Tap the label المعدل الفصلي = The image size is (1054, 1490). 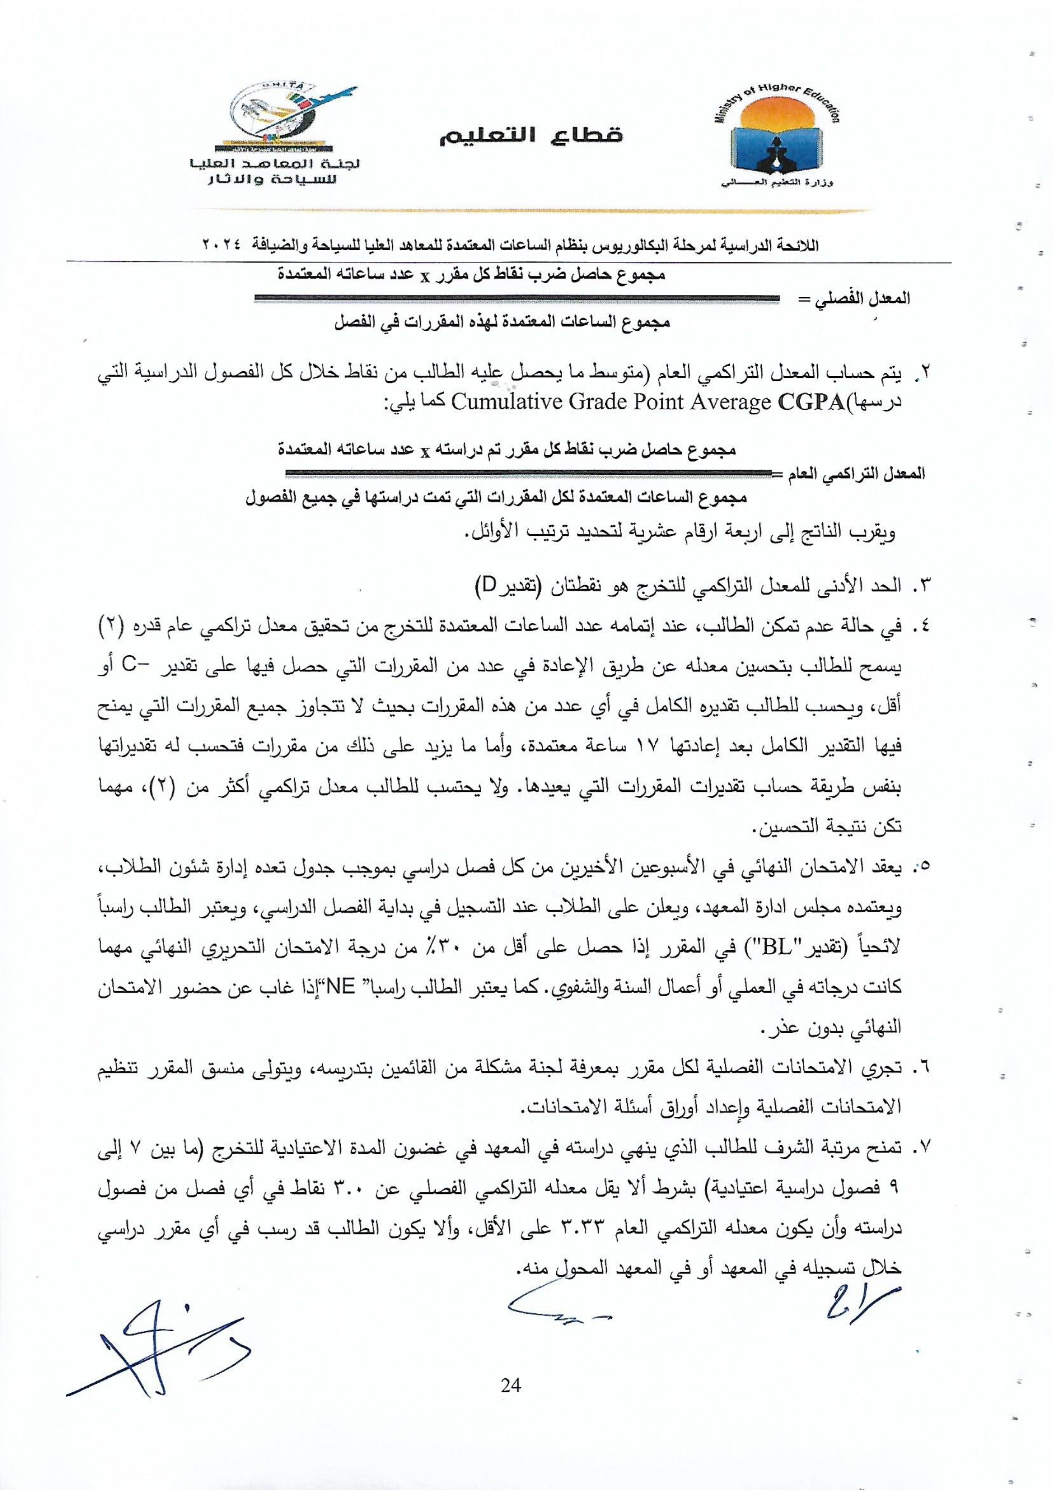tap(852, 299)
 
